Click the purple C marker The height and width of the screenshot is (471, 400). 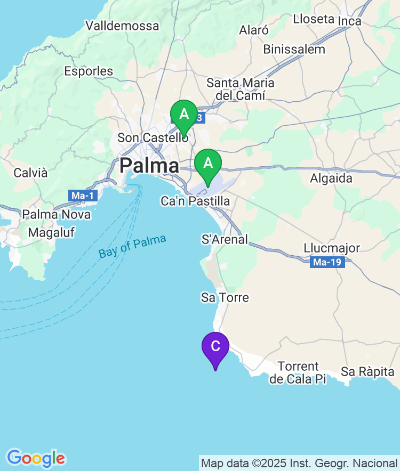[215, 347]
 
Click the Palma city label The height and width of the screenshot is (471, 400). [149, 166]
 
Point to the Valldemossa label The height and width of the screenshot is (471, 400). [122, 26]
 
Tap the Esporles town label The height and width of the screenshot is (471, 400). [89, 71]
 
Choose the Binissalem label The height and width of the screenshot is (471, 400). [294, 49]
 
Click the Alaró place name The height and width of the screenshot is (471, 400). [253, 30]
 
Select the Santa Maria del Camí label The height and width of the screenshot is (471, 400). [240, 89]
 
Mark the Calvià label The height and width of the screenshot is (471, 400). [30, 173]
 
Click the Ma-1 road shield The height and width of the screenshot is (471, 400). [83, 196]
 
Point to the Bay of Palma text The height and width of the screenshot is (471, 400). [132, 247]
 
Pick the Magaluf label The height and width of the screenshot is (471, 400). [51, 232]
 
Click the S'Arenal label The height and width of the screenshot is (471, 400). [225, 239]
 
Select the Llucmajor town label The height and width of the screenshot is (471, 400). [332, 248]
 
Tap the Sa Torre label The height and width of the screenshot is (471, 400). [225, 297]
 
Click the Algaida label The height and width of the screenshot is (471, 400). [331, 178]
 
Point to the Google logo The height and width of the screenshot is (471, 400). [36, 458]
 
